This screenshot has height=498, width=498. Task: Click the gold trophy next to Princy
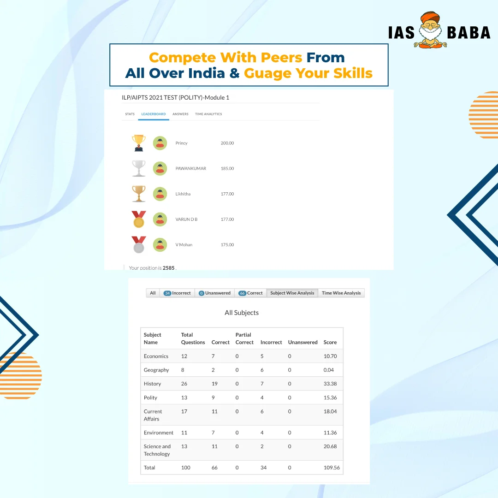point(139,143)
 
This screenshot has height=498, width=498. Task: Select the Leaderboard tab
point(154,114)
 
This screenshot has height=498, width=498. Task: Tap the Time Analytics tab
point(208,114)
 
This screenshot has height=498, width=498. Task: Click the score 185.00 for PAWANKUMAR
point(227,168)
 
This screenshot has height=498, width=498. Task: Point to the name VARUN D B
point(186,219)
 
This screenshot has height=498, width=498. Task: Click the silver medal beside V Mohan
point(139,244)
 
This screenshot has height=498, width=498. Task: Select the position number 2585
point(169,268)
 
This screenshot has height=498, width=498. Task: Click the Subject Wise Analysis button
point(292,293)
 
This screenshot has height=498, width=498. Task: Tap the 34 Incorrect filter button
point(177,293)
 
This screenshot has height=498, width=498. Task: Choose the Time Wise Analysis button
point(341,293)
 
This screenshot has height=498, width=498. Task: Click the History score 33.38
point(330,384)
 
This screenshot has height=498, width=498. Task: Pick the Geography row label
point(156,370)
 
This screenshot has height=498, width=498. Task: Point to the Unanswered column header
point(302,342)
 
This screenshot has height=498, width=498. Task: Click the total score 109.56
point(332,468)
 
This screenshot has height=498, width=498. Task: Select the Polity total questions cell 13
point(184,397)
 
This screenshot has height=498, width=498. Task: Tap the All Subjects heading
point(242,313)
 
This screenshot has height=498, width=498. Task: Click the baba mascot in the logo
point(430,30)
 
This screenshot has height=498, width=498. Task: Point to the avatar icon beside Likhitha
point(160,194)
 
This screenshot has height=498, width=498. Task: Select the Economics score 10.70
point(330,356)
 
